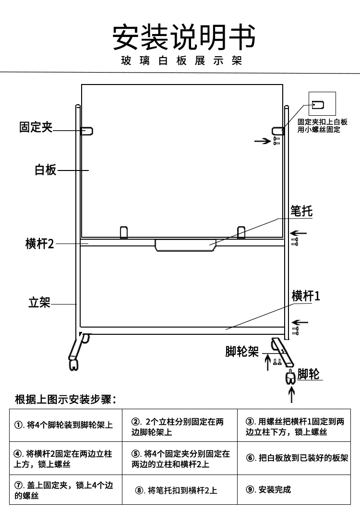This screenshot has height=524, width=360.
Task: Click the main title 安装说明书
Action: pyautogui.click(x=184, y=37)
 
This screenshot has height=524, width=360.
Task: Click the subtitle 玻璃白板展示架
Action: pyautogui.click(x=181, y=61)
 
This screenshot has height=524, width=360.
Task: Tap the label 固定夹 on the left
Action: pyautogui.click(x=36, y=127)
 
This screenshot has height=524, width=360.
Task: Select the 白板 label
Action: pyautogui.click(x=46, y=170)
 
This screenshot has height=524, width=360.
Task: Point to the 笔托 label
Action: pyautogui.click(x=301, y=211)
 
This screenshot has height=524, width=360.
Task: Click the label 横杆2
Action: pyautogui.click(x=40, y=244)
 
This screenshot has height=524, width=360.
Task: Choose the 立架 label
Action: pyautogui.click(x=39, y=303)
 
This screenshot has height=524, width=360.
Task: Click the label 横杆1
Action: pyautogui.click(x=306, y=296)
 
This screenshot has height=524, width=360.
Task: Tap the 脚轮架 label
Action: pyautogui.click(x=242, y=352)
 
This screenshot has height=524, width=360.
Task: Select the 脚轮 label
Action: pyautogui.click(x=309, y=374)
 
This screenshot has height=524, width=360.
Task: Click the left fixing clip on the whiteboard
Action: pyautogui.click(x=87, y=130)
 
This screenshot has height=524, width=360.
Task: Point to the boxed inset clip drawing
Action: pyautogui.click(x=322, y=104)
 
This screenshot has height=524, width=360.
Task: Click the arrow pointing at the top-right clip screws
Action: pyautogui.click(x=262, y=141)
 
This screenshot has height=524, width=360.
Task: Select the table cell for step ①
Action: pyautogui.click(x=65, y=425)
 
